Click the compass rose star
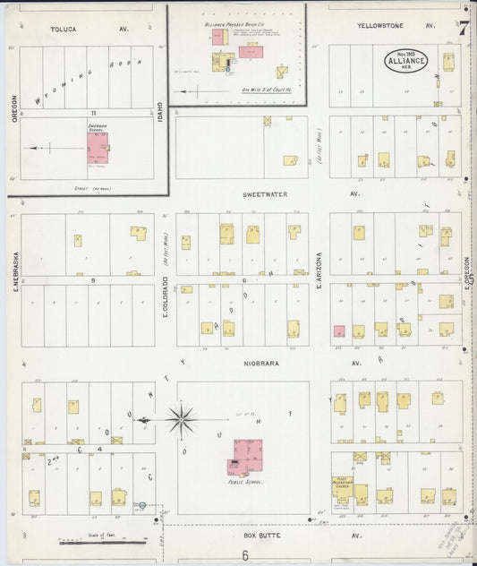(x=181, y=418)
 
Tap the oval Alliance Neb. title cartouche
(x=406, y=61)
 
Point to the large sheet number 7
(x=464, y=27)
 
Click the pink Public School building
(x=248, y=456)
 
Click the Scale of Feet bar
(x=103, y=541)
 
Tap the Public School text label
(x=243, y=482)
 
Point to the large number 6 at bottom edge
(x=244, y=555)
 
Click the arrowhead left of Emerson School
(x=30, y=148)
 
